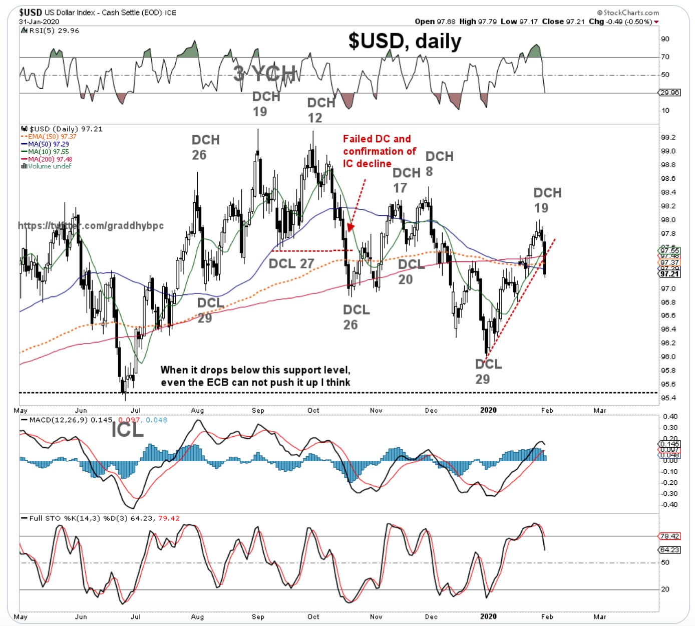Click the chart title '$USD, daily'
coord(405,41)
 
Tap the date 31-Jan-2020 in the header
coord(39,22)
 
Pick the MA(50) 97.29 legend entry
coord(46,144)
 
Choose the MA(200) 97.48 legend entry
coord(48,159)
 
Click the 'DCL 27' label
coord(291,263)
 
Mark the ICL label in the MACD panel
coord(127,430)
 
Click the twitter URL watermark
coord(91,226)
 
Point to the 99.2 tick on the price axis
coord(668,138)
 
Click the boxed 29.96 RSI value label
coord(670,93)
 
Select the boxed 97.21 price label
coord(669,274)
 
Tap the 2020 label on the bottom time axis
coord(488,616)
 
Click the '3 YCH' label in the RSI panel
coord(265,74)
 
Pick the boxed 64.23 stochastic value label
coord(670,550)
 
